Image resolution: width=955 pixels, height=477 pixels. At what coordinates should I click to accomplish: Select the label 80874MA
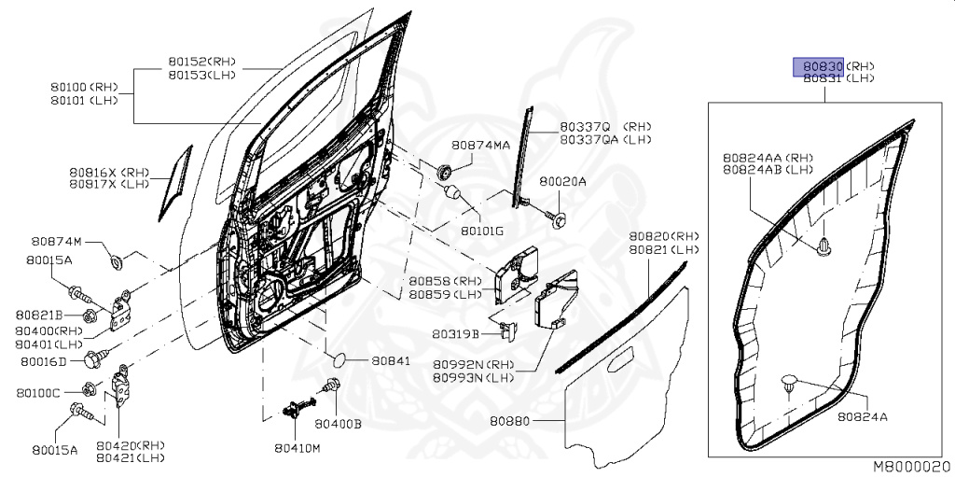(x=480, y=146)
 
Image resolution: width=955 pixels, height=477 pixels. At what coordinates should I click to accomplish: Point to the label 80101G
(x=481, y=231)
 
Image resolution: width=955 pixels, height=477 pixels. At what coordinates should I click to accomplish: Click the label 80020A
(x=563, y=182)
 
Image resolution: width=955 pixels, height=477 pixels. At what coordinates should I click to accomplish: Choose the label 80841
(x=391, y=360)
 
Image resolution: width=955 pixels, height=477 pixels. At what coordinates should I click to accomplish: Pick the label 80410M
(x=297, y=448)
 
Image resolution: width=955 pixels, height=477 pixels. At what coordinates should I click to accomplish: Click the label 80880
(x=509, y=421)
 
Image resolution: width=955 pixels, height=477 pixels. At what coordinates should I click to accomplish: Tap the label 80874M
(x=57, y=242)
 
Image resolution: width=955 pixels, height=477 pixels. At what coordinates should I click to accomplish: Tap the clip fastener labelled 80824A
(x=789, y=381)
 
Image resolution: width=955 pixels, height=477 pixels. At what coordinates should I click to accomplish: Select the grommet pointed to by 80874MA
(x=445, y=171)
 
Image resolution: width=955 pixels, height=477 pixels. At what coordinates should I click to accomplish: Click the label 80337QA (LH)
(x=606, y=139)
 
